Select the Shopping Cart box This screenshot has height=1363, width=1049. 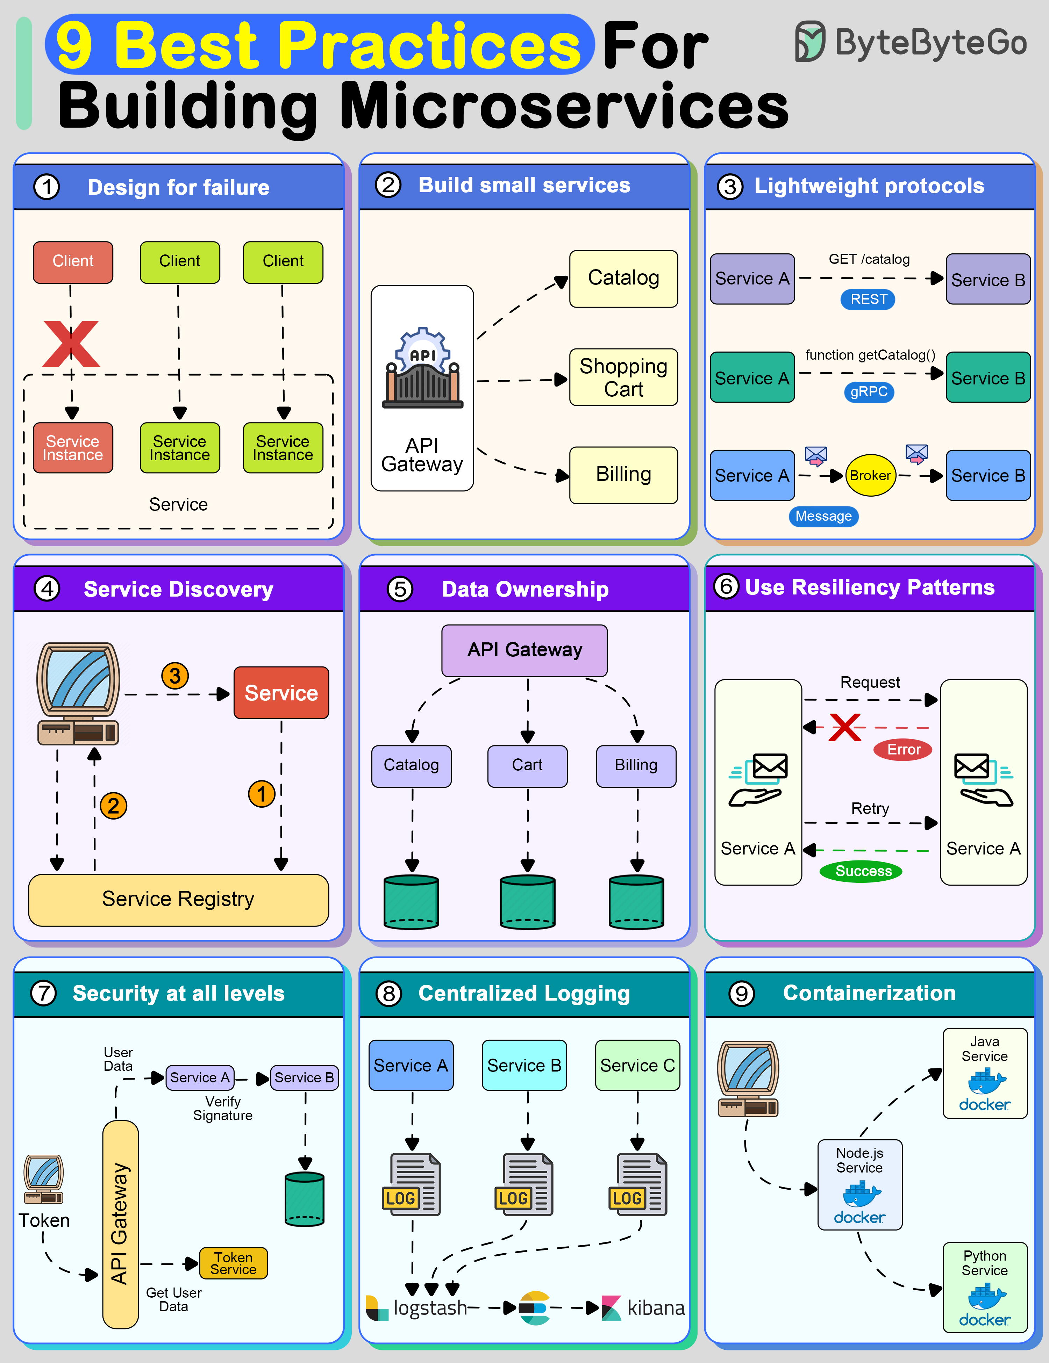pyautogui.click(x=623, y=377)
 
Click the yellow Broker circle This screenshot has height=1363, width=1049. pyautogui.click(x=870, y=476)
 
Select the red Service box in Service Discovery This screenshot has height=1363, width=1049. pyautogui.click(x=281, y=693)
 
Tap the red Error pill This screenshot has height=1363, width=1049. pyautogui.click(x=903, y=750)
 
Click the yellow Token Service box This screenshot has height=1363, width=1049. pyautogui.click(x=233, y=1263)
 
